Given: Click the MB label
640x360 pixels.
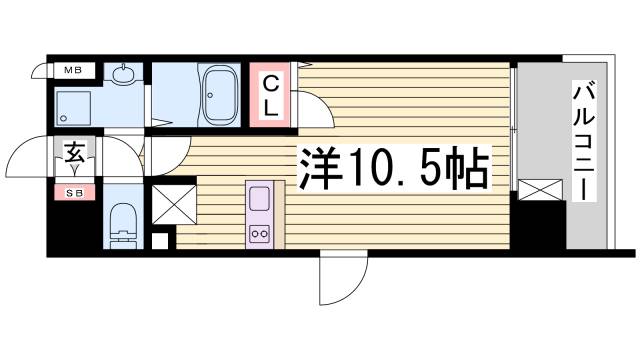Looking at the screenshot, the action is click(x=74, y=70).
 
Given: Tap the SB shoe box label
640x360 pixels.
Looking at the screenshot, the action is click(x=75, y=191).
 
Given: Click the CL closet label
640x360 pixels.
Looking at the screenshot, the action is click(x=272, y=95).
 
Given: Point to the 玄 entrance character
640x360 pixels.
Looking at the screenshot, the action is click(x=75, y=154).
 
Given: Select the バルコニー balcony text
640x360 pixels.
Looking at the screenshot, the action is click(x=580, y=143).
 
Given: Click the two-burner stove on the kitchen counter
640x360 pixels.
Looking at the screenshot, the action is click(x=258, y=233).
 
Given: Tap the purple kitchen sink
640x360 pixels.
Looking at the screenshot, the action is click(x=258, y=195).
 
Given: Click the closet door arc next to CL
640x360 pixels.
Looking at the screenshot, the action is click(x=308, y=100).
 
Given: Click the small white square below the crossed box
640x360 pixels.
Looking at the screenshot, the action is click(x=161, y=240).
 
